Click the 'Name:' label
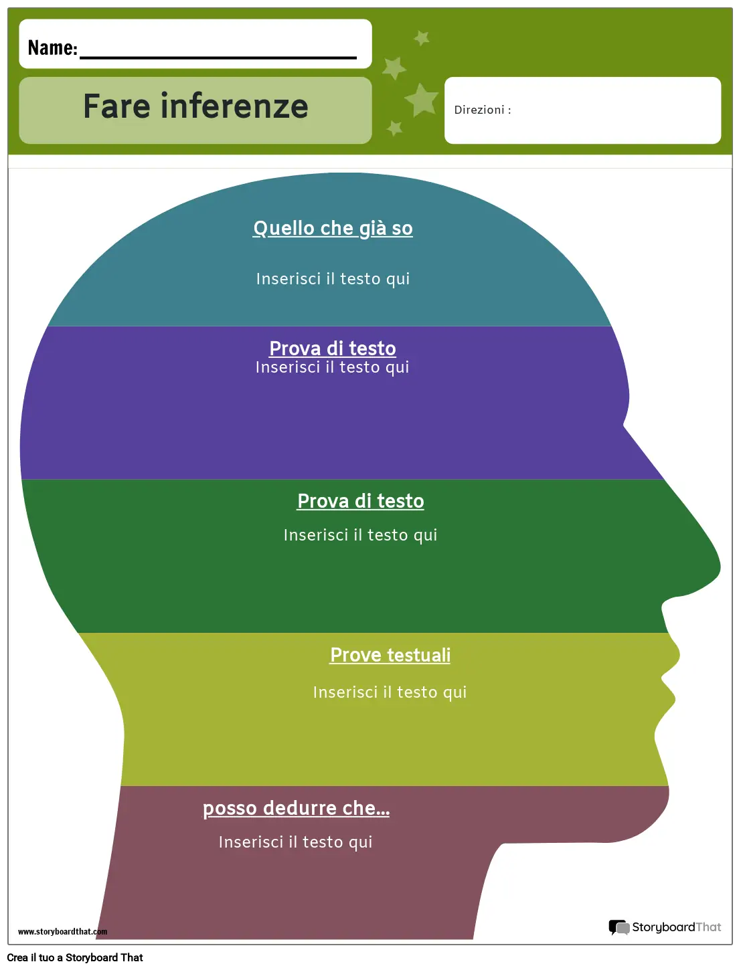[x=53, y=47]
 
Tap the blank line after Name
[x=218, y=58]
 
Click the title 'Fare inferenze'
[x=195, y=106]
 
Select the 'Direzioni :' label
[x=483, y=110]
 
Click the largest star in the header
[x=421, y=100]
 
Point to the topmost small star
[x=421, y=38]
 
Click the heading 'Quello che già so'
[x=333, y=229]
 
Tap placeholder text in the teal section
[x=333, y=279]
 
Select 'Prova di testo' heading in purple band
[x=333, y=349]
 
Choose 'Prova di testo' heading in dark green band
[x=360, y=501]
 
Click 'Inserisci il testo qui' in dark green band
[x=360, y=535]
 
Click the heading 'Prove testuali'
[x=390, y=655]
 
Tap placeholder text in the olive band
[x=390, y=692]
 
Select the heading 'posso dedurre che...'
[x=297, y=809]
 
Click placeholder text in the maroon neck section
[x=295, y=842]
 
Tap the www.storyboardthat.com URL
[x=62, y=931]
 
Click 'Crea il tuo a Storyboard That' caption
[x=75, y=957]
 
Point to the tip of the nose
[x=720, y=567]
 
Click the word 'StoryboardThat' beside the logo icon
[x=677, y=927]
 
